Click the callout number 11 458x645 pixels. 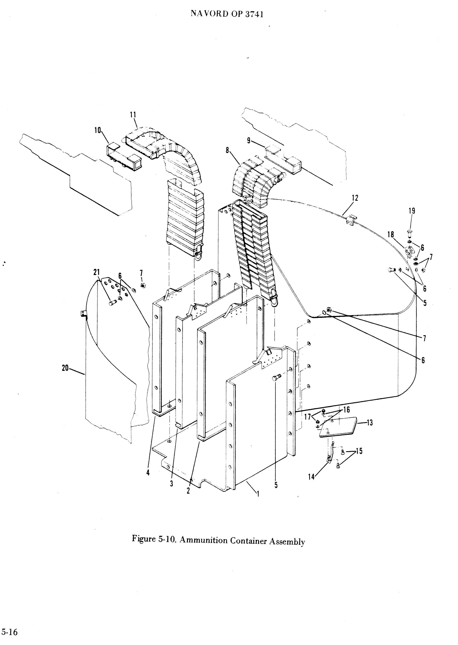tap(133, 115)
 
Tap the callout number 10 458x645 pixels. tap(98, 130)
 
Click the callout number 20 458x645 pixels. tap(65, 368)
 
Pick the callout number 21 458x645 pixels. tap(97, 272)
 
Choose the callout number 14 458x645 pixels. tap(311, 477)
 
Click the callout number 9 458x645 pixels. tap(249, 141)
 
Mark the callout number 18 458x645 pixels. tap(391, 234)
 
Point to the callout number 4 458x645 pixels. tap(148, 473)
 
